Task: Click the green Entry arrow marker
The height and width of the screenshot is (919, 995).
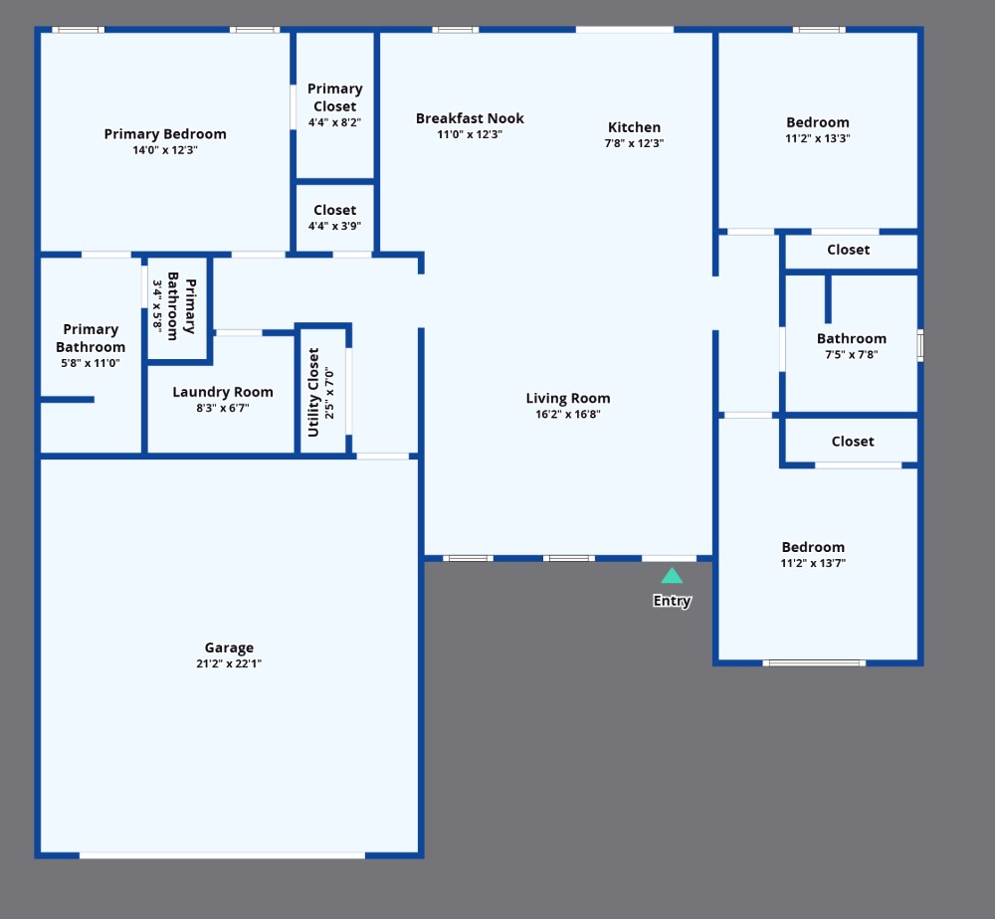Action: click(672, 576)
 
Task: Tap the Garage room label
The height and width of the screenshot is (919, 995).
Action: click(229, 647)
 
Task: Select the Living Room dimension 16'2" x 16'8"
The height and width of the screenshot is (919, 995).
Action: click(568, 414)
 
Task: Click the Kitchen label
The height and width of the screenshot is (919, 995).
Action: click(634, 127)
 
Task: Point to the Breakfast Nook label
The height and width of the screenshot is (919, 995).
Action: click(470, 118)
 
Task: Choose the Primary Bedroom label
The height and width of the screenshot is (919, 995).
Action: click(165, 134)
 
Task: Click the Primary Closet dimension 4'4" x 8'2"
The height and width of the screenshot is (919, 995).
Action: click(334, 122)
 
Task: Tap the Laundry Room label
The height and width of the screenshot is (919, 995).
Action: click(223, 393)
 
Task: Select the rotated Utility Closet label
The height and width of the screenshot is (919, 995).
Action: click(312, 393)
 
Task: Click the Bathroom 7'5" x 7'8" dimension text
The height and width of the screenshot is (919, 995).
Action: click(851, 354)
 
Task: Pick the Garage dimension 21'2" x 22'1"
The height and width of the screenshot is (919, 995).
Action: click(229, 663)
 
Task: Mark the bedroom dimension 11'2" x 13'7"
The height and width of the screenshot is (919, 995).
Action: click(813, 563)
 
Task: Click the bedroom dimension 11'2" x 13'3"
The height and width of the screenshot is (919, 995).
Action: click(817, 138)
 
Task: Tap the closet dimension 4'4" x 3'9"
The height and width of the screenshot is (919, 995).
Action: click(334, 226)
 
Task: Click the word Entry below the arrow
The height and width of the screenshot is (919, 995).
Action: click(672, 601)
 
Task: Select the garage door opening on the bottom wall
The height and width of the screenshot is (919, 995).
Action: click(222, 855)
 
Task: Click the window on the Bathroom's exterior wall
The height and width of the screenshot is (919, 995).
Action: click(920, 346)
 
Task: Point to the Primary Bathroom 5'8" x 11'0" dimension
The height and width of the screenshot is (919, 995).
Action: click(91, 363)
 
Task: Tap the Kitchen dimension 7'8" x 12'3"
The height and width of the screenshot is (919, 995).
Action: click(634, 143)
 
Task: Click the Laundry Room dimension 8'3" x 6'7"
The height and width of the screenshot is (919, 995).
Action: click(223, 408)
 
